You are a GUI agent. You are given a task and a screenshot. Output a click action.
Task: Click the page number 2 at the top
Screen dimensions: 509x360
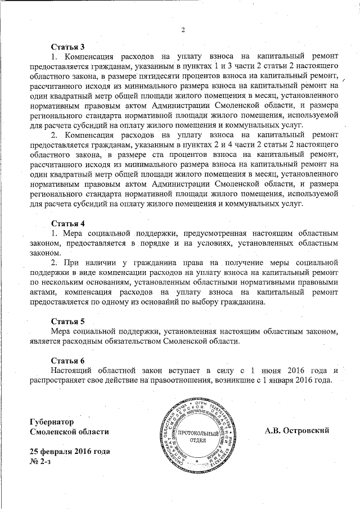[x=183, y=30]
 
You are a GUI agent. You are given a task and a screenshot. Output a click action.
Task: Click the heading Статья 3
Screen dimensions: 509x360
[x=67, y=46]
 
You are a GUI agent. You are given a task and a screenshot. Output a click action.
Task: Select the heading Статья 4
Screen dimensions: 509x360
[x=67, y=223]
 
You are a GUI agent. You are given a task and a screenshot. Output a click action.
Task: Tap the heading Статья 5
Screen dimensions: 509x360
[x=67, y=321]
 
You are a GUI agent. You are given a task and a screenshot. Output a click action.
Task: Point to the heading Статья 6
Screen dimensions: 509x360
[x=67, y=360]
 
